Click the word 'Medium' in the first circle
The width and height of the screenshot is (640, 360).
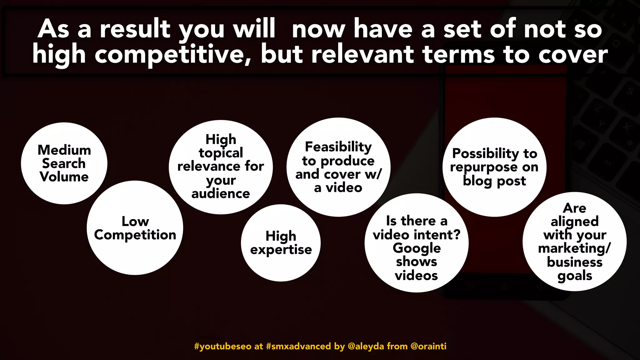pos(64,150)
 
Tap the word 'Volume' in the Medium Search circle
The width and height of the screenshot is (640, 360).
pos(64,177)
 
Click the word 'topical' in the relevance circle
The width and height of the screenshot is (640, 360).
pos(221,153)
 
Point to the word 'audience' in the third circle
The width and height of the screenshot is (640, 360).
pos(221,194)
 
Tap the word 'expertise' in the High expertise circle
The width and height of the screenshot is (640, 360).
pos(281,250)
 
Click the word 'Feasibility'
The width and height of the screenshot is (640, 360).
pos(338,147)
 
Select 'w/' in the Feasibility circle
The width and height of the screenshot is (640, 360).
pos(373,174)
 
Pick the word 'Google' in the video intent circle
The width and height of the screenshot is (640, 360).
pos(417,248)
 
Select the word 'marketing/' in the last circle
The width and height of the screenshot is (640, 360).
pos(574,249)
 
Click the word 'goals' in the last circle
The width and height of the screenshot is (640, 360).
pos(574,276)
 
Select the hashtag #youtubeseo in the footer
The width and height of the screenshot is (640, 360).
pos(222,346)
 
